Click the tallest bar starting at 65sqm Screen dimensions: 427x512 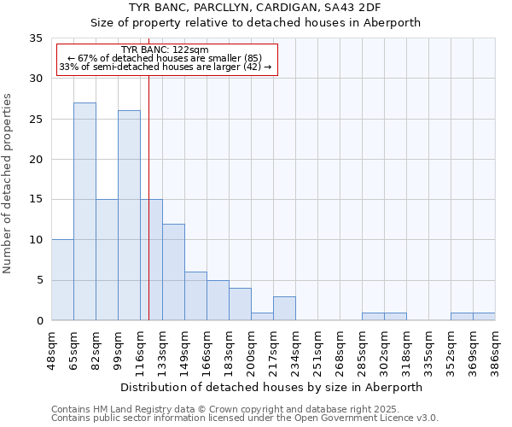84,212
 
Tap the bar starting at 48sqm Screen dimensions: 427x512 62,280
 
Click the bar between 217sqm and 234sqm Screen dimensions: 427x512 284,308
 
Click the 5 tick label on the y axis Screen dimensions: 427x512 38,280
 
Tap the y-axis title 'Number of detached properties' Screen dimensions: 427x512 8,184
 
